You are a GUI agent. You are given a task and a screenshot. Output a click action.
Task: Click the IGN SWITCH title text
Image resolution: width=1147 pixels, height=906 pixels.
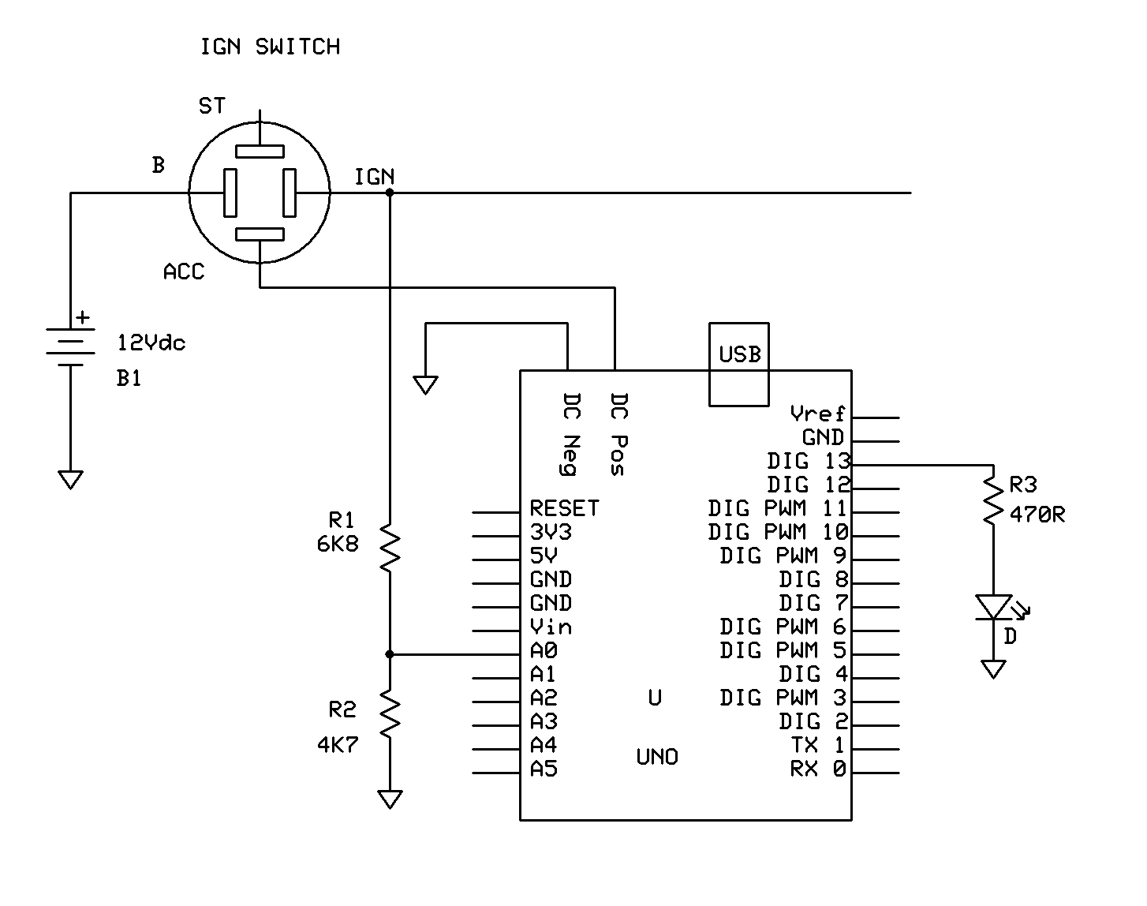tap(270, 47)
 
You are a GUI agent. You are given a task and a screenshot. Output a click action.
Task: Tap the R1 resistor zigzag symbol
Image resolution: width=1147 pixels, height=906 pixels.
tap(390, 546)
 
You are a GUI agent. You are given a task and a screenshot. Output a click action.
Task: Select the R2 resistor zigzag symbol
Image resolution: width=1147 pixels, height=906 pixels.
tap(390, 713)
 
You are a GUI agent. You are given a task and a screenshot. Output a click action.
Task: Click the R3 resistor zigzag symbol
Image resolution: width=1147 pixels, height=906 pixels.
tap(993, 497)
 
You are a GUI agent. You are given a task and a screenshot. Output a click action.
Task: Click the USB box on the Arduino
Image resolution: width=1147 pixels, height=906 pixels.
tap(739, 364)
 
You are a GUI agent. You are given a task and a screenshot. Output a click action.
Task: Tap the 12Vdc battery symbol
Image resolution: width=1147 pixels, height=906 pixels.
tap(71, 346)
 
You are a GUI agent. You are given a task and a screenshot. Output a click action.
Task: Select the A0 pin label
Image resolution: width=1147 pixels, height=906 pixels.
tap(544, 650)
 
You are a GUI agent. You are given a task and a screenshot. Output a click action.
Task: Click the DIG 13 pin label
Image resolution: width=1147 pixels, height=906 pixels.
tap(808, 461)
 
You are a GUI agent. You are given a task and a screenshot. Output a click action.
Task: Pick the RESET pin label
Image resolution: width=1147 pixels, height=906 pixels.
tap(564, 508)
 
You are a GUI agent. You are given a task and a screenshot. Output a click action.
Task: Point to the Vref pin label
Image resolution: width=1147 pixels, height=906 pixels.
tap(817, 414)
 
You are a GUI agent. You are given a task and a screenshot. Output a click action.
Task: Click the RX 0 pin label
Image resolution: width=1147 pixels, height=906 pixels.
tap(817, 769)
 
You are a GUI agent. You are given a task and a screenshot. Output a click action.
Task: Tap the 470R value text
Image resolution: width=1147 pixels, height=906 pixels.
tap(1037, 515)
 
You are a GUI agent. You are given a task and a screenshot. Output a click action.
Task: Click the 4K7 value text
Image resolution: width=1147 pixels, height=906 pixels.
tap(338, 745)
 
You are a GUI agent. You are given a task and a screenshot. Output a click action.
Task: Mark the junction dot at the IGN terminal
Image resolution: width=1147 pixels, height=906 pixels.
tap(390, 193)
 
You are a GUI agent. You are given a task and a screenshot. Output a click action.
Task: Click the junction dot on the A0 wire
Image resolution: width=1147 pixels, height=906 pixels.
tap(390, 654)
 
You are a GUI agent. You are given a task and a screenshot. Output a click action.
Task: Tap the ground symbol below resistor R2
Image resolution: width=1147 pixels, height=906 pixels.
tap(390, 799)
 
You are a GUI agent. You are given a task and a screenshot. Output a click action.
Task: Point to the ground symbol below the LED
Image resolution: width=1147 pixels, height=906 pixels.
tap(993, 669)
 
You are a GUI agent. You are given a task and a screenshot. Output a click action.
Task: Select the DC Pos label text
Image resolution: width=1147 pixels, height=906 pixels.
tap(618, 434)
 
